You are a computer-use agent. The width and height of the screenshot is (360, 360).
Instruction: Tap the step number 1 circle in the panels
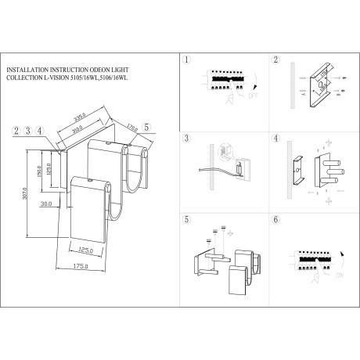click(x=186, y=60)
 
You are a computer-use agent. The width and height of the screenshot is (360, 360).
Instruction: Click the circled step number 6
click(x=274, y=220)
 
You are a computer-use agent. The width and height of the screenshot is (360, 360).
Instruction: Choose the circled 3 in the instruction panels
click(x=186, y=140)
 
